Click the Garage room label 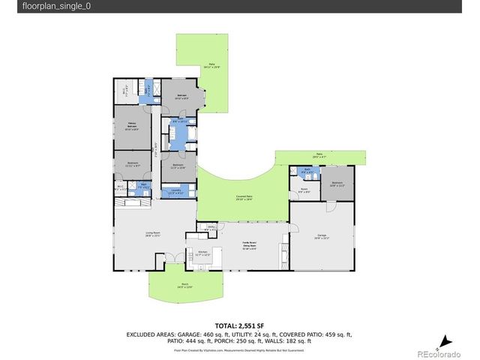tap(322, 236)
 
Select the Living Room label tap(154, 234)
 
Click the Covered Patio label tap(244, 197)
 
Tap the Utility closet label tap(211, 228)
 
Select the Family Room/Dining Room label tap(249, 246)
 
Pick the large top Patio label tap(212, 65)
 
